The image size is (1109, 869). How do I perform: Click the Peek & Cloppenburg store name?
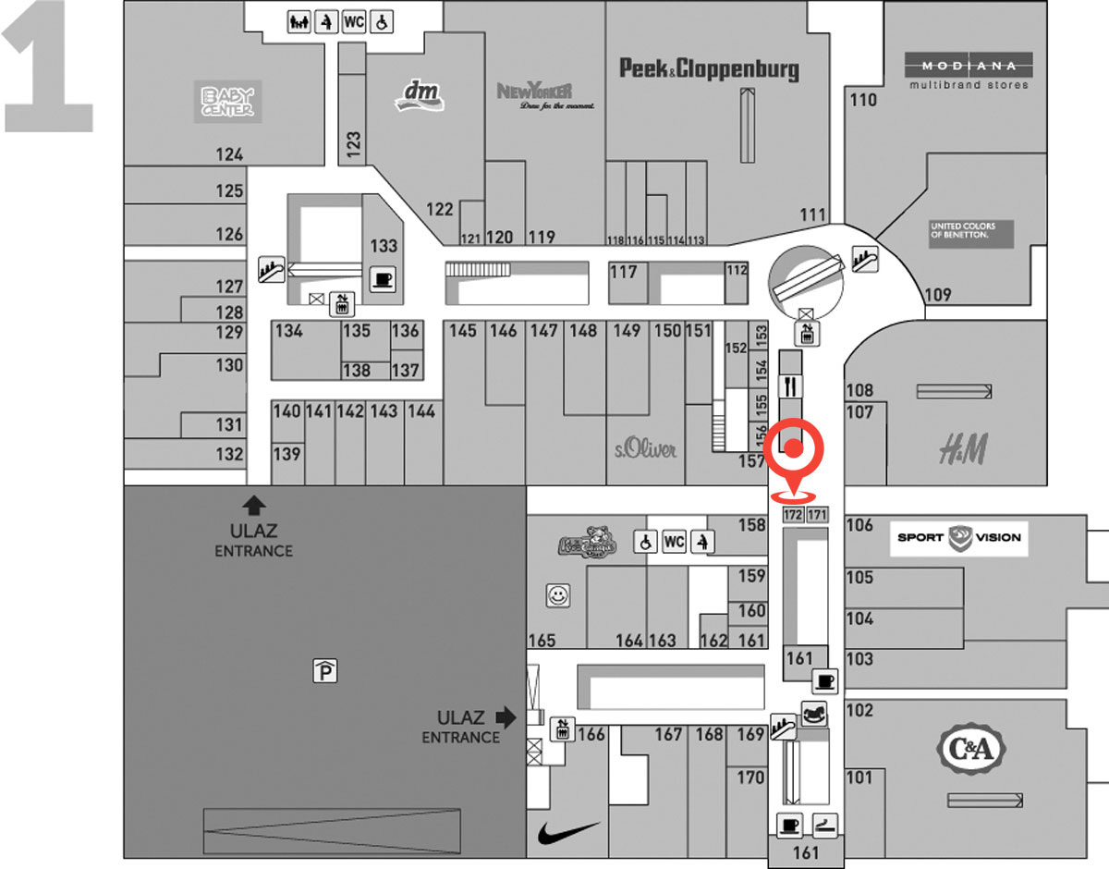[709, 68]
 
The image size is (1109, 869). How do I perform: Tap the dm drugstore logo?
[420, 93]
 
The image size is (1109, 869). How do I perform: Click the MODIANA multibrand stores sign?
[969, 72]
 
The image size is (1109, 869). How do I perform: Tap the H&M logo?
[963, 451]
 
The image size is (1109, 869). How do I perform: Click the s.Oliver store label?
[645, 450]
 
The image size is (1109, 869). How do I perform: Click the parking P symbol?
[324, 671]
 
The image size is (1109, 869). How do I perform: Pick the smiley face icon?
[557, 596]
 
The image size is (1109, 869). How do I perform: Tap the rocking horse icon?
[813, 715]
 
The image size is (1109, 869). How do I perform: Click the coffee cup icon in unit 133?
[382, 278]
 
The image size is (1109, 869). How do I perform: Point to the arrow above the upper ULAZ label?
[254, 505]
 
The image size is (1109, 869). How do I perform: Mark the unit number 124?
[229, 154]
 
